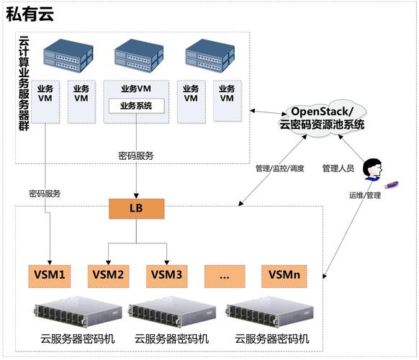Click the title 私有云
[x=30, y=14]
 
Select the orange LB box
[x=136, y=210]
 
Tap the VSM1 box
[x=50, y=274]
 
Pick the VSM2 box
[x=108, y=274]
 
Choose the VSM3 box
[x=166, y=274]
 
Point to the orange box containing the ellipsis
[x=225, y=274]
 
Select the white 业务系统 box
[x=136, y=106]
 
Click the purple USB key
[x=392, y=186]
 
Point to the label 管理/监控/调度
[x=279, y=168]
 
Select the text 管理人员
[x=338, y=168]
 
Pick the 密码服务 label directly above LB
[x=136, y=155]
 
